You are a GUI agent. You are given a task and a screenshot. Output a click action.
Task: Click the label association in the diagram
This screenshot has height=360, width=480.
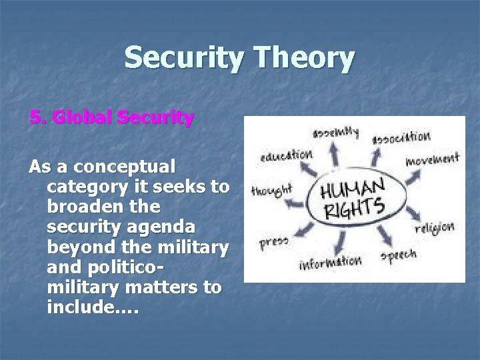pyautogui.click(x=401, y=137)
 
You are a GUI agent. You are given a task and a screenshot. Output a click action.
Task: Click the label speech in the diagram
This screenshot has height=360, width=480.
pyautogui.click(x=398, y=255)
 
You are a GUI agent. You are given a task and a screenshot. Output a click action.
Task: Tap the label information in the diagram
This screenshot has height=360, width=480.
pyautogui.click(x=330, y=262)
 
